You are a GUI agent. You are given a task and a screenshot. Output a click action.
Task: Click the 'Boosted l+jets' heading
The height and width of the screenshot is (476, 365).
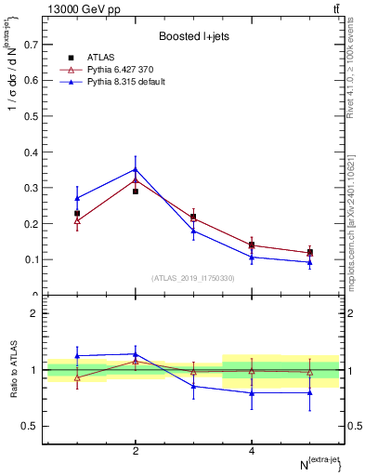click(x=193, y=37)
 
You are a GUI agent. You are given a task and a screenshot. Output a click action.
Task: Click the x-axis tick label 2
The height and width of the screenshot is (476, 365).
click(x=136, y=451)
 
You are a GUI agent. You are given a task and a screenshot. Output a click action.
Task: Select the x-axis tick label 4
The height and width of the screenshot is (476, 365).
click(x=252, y=451)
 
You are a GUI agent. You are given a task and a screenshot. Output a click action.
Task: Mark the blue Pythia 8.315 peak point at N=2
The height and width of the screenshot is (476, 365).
click(x=136, y=169)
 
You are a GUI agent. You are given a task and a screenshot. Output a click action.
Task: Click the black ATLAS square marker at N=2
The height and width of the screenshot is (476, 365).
click(x=136, y=192)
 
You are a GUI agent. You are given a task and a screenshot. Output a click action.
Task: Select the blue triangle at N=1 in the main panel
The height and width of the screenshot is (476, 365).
click(x=77, y=198)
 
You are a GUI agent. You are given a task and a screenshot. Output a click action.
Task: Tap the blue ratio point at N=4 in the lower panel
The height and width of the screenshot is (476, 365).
click(x=252, y=392)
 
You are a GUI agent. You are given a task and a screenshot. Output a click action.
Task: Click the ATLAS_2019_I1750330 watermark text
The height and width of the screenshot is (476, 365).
click(x=192, y=278)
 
